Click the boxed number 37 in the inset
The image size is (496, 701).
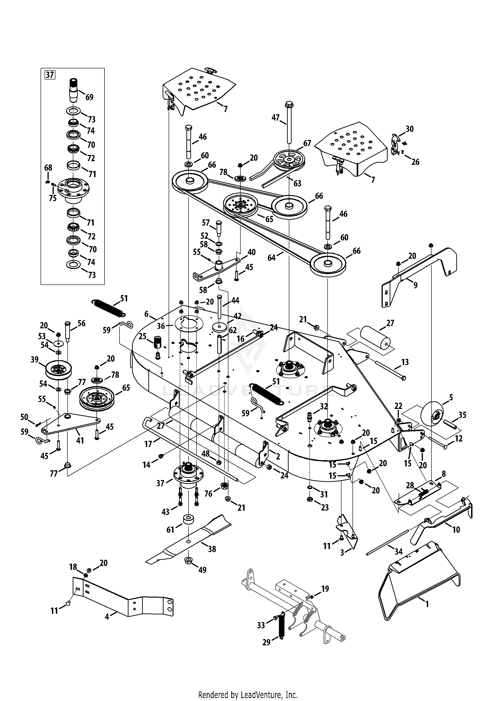click(x=50, y=75)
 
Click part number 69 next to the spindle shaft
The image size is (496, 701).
click(x=89, y=97)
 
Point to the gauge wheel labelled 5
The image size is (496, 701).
click(x=432, y=415)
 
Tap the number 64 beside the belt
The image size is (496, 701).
click(x=271, y=258)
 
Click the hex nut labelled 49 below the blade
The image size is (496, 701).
click(x=189, y=560)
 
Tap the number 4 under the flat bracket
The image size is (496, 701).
click(x=107, y=617)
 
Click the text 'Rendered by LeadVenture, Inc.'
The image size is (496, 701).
click(x=248, y=693)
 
